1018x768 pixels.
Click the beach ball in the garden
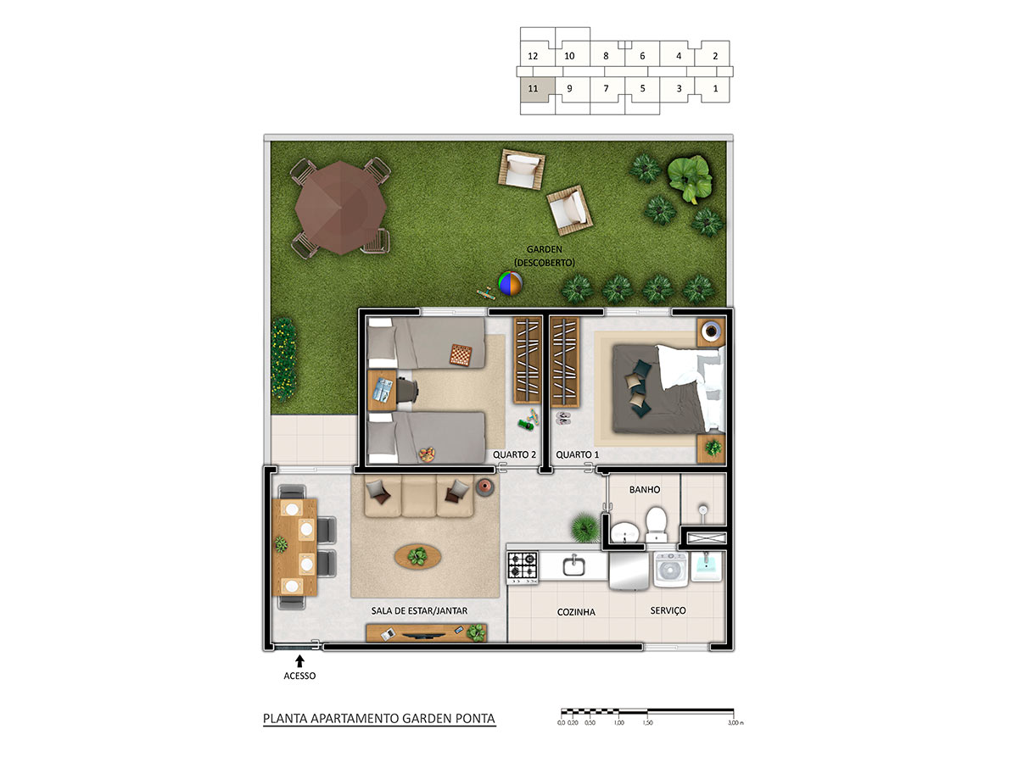(510, 283)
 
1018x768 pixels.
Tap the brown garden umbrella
(341, 208)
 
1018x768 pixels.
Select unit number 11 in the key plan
(533, 88)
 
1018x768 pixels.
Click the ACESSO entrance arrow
(299, 661)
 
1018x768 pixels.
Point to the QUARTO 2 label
(514, 455)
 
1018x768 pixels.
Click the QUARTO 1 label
(577, 455)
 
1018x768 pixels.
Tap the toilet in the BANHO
(656, 525)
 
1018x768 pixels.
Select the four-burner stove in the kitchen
(523, 567)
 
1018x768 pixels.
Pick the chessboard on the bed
(461, 355)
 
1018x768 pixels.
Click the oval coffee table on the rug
(417, 556)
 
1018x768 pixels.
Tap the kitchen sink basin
(573, 565)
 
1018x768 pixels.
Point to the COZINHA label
(576, 612)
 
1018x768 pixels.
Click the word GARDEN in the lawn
(544, 250)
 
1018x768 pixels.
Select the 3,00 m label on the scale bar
(736, 723)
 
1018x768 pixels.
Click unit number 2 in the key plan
(715, 56)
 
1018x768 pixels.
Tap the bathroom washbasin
(624, 532)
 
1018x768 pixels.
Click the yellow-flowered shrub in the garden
(283, 359)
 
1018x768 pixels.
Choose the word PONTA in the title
(475, 719)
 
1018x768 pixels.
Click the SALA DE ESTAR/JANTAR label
(419, 611)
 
